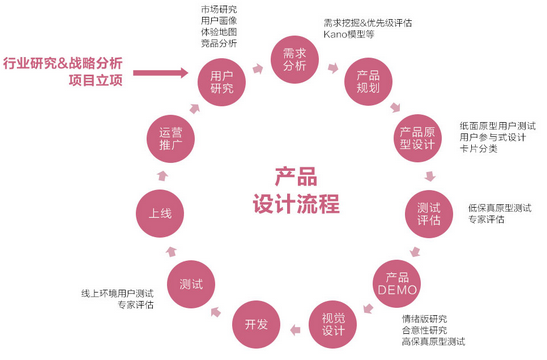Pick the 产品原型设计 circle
click(x=418, y=137)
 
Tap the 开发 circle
click(x=254, y=322)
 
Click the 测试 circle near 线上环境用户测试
click(x=191, y=284)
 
